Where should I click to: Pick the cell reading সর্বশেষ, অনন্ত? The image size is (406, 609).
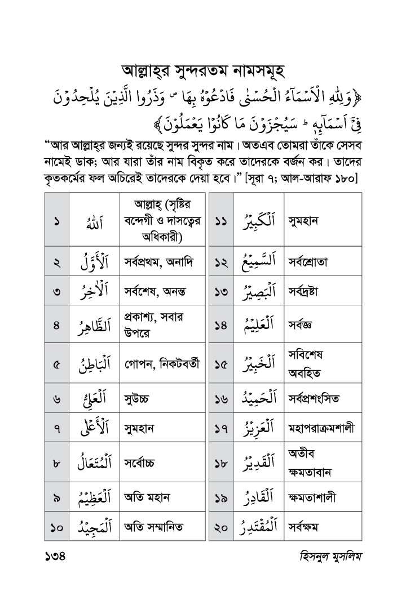[156, 291]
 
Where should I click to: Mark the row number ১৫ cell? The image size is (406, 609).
[221, 363]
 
